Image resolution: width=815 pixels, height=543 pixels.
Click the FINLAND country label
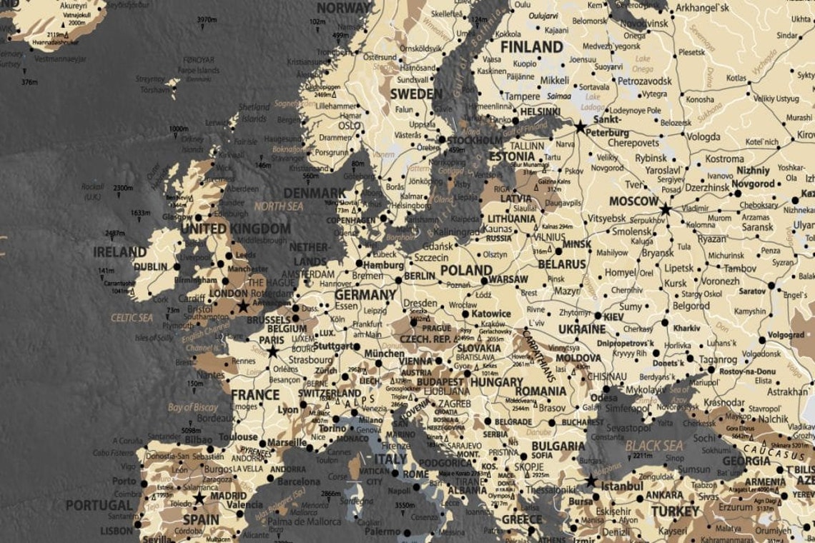531,47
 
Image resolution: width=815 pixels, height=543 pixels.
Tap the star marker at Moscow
666,209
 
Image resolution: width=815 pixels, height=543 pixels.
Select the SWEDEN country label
416,94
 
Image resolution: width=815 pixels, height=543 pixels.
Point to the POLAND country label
466,271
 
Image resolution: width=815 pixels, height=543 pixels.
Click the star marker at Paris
272,352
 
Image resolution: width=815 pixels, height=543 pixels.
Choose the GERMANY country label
365,294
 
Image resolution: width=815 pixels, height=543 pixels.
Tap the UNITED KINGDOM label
235,229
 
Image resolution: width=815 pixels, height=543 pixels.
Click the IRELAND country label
119,252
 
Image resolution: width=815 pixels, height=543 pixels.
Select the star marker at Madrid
199,498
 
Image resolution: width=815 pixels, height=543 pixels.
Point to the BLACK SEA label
654,445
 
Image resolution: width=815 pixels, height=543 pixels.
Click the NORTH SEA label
279,206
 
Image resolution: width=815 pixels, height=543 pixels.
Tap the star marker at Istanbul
591,481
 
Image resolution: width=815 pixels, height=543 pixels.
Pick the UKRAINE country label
582,329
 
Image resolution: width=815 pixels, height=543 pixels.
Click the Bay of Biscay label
193,407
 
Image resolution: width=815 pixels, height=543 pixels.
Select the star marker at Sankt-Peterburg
580,126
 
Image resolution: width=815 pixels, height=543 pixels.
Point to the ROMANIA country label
540,391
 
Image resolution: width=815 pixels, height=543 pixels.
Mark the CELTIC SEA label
132,317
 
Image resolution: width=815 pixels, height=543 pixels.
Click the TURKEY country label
674,512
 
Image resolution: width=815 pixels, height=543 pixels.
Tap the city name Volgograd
786,334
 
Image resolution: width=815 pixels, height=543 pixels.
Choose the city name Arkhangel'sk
702,9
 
